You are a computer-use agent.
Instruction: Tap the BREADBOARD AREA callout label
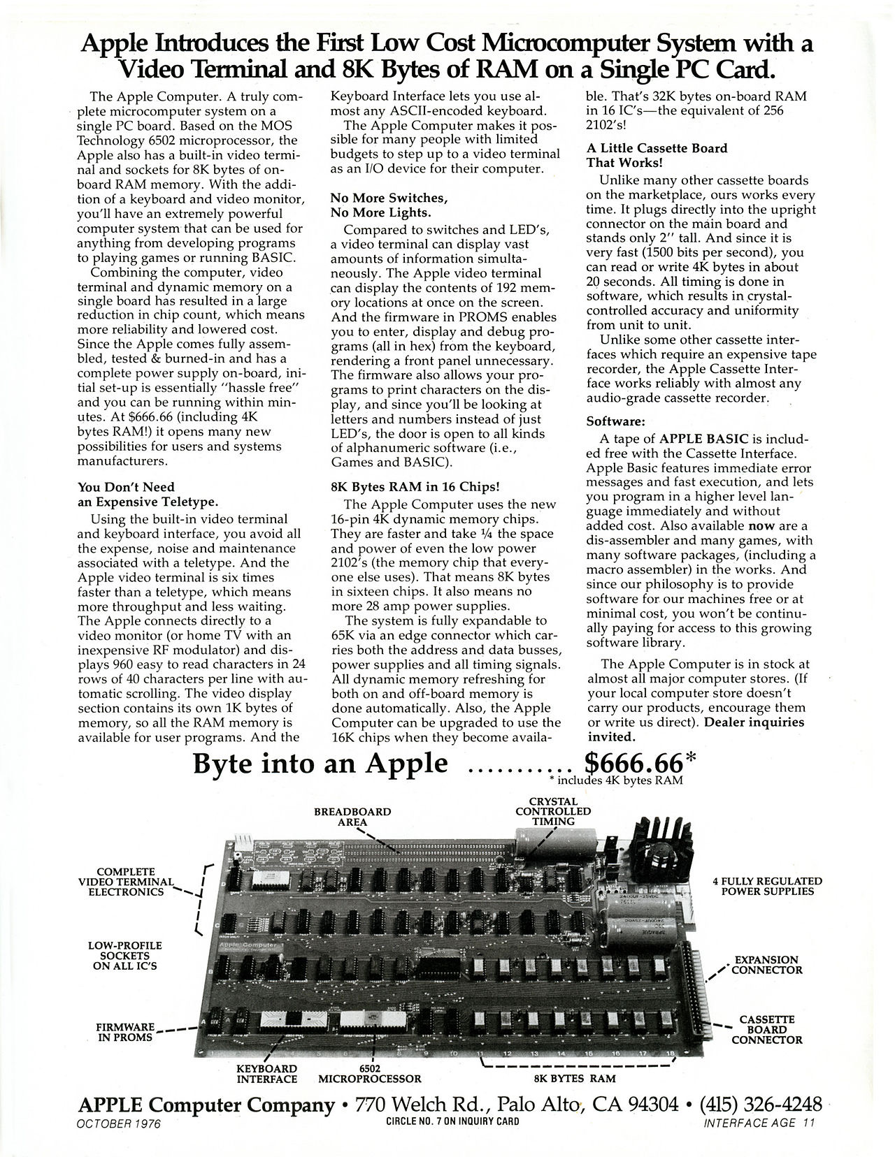point(352,817)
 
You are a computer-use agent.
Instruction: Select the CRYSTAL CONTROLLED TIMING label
point(553,811)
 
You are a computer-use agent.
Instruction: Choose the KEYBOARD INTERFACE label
point(266,1073)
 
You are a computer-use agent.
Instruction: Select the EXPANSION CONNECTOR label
point(767,965)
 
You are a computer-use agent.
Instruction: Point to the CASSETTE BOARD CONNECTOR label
point(767,1030)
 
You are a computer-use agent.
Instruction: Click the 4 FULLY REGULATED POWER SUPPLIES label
point(767,886)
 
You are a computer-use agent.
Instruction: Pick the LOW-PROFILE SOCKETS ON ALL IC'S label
point(126,956)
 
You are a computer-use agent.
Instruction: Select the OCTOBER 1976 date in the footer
point(118,1125)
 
